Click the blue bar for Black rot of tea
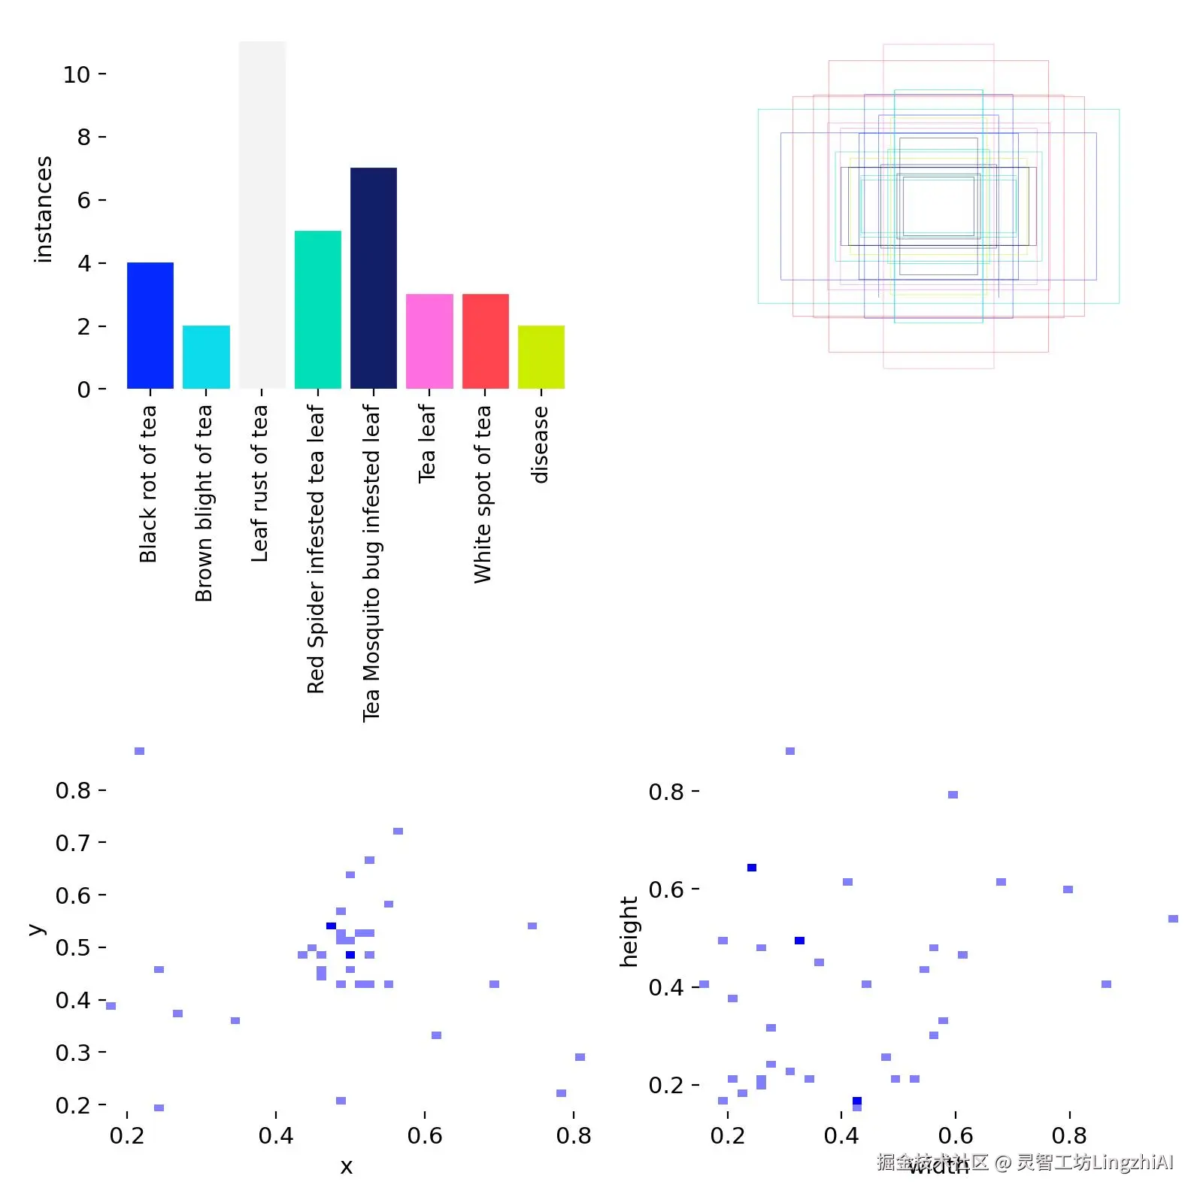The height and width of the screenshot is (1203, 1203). [x=150, y=326]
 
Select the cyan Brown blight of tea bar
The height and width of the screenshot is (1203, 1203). [x=206, y=357]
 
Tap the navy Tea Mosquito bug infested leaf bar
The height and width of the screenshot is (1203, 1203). [x=374, y=278]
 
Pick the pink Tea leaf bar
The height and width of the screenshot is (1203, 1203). [x=429, y=341]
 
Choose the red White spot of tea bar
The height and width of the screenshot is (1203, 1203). [x=485, y=341]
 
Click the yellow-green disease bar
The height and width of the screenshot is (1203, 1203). [x=541, y=357]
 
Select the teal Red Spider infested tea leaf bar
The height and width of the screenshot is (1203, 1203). [x=318, y=310]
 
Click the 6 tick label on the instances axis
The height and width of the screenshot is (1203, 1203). [x=83, y=200]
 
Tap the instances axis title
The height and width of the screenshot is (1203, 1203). [x=44, y=209]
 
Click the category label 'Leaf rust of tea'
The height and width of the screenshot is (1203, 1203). [x=259, y=483]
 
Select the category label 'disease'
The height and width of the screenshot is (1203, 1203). [x=540, y=444]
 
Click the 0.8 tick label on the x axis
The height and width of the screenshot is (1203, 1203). [x=574, y=1135]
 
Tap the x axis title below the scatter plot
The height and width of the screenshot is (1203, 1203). [x=346, y=1167]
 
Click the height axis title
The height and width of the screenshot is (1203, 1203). [x=629, y=931]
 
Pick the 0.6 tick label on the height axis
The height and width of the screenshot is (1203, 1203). [x=666, y=889]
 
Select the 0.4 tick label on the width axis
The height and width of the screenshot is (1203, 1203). [x=841, y=1135]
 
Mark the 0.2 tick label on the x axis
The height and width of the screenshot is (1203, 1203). [x=127, y=1135]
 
